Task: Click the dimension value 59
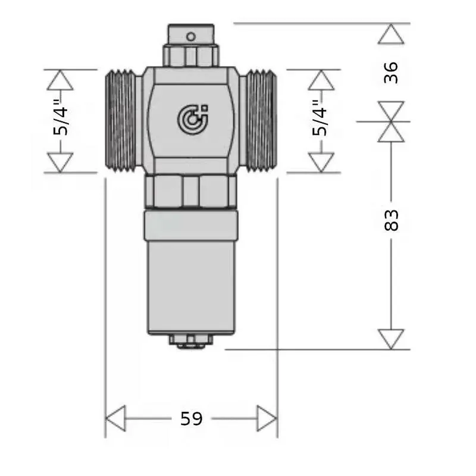pyautogui.click(x=191, y=419)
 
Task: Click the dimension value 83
pyautogui.click(x=391, y=220)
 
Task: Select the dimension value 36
pyautogui.click(x=391, y=72)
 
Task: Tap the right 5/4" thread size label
pyautogui.click(x=321, y=121)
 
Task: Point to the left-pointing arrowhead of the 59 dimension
pyautogui.click(x=115, y=419)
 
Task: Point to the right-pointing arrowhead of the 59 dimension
pyautogui.click(x=267, y=419)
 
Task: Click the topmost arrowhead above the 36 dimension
pyautogui.click(x=391, y=35)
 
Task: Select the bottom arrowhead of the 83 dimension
pyautogui.click(x=391, y=339)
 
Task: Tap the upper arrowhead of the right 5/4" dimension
pyautogui.click(x=321, y=80)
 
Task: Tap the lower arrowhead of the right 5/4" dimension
pyautogui.click(x=321, y=162)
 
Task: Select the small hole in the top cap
pyautogui.click(x=190, y=37)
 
